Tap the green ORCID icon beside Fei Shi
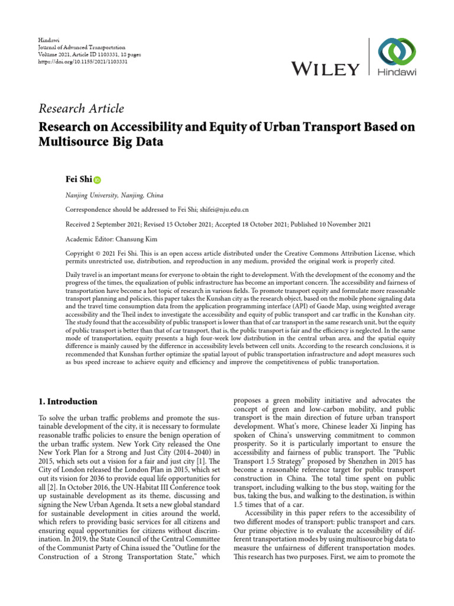point(97,179)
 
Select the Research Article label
point(81,108)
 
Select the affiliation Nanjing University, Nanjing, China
point(114,195)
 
